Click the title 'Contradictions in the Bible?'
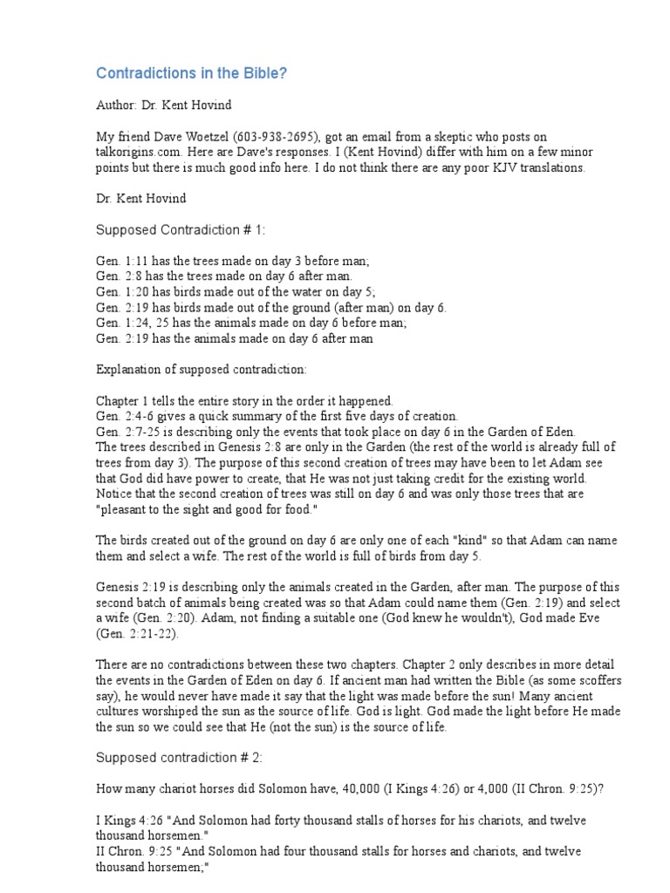point(190,73)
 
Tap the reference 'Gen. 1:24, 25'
point(129,323)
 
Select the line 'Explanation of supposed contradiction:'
point(201,370)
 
